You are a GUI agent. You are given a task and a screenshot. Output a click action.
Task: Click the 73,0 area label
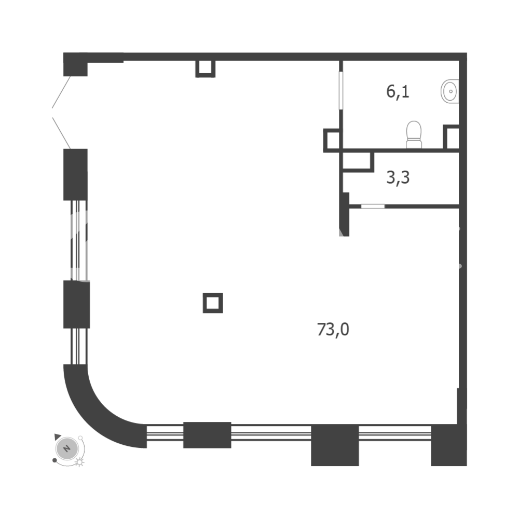pos(333,330)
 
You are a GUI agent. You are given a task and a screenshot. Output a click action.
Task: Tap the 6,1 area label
pos(398,92)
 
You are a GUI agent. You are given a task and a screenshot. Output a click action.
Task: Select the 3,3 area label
pos(398,177)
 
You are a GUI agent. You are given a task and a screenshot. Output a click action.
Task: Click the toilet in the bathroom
pos(414,135)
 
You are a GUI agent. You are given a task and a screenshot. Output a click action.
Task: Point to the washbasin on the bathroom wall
pos(450,91)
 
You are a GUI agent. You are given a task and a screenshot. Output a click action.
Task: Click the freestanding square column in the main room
pos(213,303)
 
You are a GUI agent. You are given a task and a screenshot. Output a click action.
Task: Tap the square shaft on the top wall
pos(205,69)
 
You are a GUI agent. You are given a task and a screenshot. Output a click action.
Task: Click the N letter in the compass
pos(67,449)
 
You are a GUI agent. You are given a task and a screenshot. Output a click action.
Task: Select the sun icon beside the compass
pos(79,462)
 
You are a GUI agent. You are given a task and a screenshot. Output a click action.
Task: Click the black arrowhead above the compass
pos(58,437)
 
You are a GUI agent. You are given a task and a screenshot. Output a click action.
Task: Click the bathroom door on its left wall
pos(341,90)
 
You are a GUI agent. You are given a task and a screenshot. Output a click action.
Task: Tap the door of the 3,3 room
pos(373,207)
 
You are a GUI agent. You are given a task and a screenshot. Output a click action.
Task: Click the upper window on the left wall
pos(79,240)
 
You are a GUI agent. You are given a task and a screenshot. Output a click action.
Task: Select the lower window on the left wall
pos(79,346)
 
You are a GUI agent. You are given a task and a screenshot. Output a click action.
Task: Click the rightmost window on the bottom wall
pos(395,433)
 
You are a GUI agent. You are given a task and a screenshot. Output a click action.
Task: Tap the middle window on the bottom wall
pos(271,433)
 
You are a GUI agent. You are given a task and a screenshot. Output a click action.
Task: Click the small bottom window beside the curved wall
pos(165,433)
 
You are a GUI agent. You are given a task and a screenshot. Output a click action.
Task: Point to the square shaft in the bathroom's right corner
pos(451,137)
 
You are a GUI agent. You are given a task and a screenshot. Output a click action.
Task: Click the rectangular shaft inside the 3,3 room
pos(358,162)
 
